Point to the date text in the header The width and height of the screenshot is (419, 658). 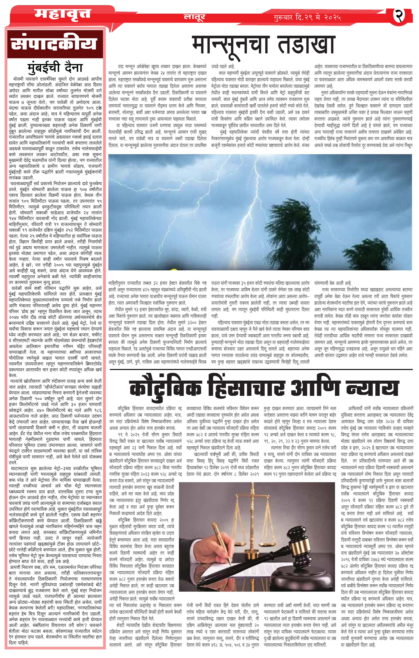pyautogui.click(x=307, y=18)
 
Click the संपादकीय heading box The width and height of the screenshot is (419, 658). pyautogui.click(x=55, y=44)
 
